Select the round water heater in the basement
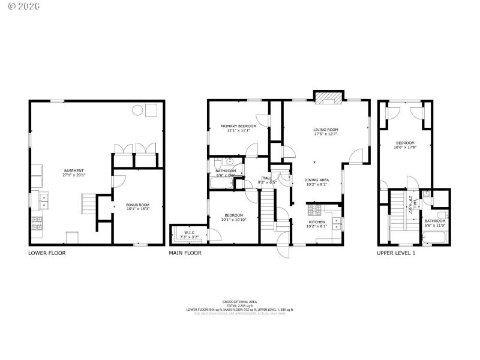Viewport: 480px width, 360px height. [137, 110]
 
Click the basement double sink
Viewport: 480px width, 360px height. [44, 200]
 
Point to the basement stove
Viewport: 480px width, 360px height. [37, 224]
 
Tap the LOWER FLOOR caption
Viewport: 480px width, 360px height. [47, 253]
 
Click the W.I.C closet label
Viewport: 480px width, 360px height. [190, 232]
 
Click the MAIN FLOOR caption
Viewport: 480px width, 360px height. [185, 253]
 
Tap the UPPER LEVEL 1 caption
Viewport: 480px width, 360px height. [396, 253]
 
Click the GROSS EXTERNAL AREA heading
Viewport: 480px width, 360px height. [239, 301]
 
